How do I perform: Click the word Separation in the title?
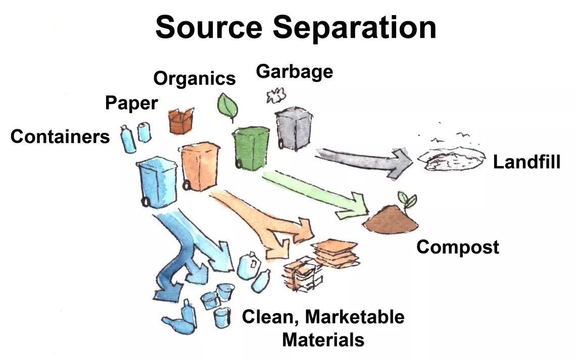tap(355, 28)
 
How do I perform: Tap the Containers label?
tap(60, 136)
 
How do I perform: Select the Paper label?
tap(131, 104)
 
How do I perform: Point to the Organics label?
tap(195, 78)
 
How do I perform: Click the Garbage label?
tap(295, 72)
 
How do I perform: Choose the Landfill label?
tap(526, 162)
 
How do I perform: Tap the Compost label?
tap(457, 247)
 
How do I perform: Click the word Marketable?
tap(355, 317)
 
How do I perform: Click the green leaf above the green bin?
tap(227, 107)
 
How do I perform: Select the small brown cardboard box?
tap(181, 121)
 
